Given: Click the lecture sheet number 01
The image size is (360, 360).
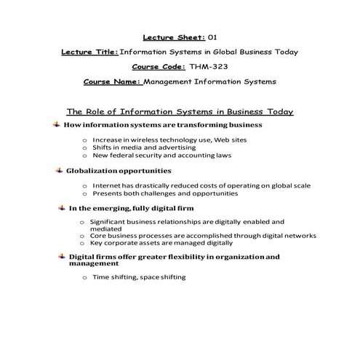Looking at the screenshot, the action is [212, 36].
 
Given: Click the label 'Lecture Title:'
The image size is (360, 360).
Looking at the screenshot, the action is [89, 52].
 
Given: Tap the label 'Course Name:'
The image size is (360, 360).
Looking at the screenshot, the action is [112, 82].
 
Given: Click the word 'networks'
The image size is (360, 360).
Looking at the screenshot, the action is [298, 236].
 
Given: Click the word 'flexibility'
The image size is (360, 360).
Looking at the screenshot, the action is [169, 257].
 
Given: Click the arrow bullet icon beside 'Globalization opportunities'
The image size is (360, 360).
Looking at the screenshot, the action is [59, 170].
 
